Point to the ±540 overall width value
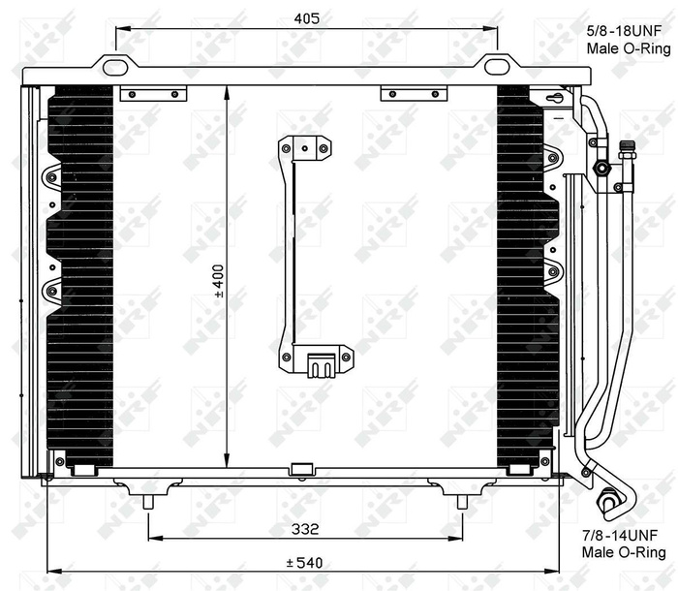304,561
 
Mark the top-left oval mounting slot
117,67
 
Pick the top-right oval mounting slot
497,67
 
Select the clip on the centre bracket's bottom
320,365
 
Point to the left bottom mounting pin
148,501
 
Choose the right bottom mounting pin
461,501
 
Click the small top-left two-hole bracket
152,94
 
